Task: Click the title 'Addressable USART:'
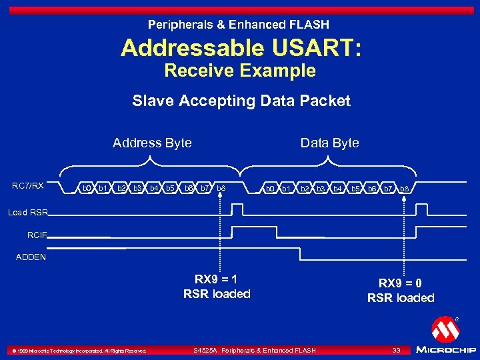pos(240,48)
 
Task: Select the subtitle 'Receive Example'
pos(240,71)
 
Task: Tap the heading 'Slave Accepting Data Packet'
pos(241,101)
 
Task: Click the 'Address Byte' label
pos(152,143)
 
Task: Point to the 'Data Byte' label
pos(329,143)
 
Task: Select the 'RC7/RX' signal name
pos(28,186)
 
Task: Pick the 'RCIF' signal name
pos(36,235)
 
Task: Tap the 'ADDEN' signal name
pos(31,257)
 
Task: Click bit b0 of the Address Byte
pos(86,189)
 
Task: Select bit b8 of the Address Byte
pos(221,189)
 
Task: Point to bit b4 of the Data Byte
pos(337,189)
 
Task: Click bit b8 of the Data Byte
pos(404,189)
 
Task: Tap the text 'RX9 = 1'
pos(217,279)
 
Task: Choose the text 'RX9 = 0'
pos(401,283)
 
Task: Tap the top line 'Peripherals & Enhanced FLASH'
pos(239,25)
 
